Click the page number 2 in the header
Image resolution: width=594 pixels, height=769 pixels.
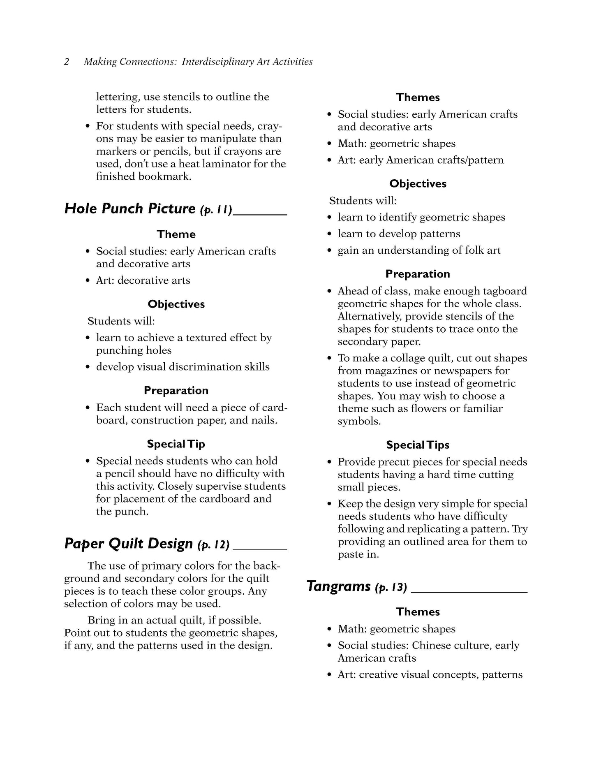(x=67, y=62)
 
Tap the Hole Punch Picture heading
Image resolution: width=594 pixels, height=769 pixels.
(x=130, y=208)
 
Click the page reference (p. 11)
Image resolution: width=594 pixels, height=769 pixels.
(x=216, y=210)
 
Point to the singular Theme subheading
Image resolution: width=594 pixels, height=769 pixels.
(x=176, y=234)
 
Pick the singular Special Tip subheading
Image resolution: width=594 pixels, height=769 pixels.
(x=176, y=444)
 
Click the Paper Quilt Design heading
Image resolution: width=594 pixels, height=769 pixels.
(x=128, y=544)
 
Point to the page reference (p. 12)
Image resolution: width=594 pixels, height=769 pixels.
(x=213, y=545)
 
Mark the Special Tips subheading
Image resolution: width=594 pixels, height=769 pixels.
(x=418, y=445)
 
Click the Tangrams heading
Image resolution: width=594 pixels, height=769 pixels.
(x=339, y=586)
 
